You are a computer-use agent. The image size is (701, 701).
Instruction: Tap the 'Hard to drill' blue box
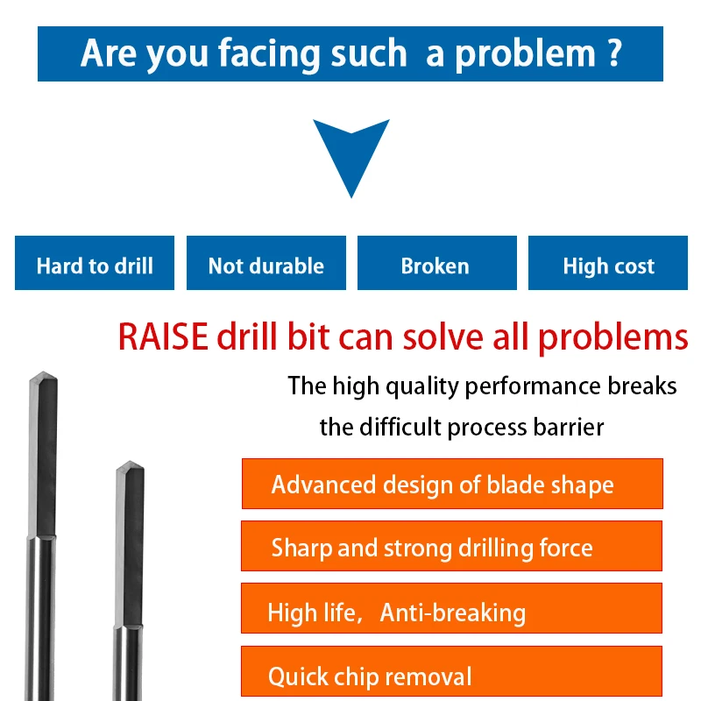[95, 264]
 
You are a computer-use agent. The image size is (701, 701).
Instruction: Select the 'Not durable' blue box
[266, 264]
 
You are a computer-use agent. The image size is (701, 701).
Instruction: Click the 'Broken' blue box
[435, 264]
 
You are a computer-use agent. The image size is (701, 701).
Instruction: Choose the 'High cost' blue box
[608, 264]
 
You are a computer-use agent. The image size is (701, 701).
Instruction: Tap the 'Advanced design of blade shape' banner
[451, 484]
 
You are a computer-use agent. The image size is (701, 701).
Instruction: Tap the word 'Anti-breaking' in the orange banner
[452, 612]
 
